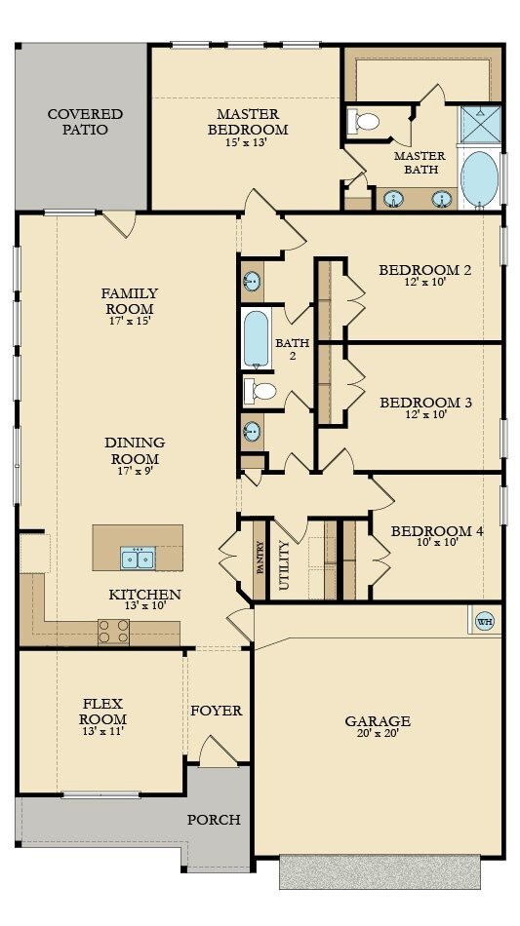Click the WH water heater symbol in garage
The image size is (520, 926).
coord(483,620)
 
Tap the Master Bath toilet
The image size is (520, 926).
coord(367,122)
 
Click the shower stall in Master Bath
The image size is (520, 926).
coord(478,123)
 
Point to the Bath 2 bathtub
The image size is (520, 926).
coord(256,338)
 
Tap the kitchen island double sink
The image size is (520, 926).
coord(138,558)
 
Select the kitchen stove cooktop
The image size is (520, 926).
coord(113,632)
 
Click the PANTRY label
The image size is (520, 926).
coord(260,559)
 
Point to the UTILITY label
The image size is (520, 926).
coord(285,565)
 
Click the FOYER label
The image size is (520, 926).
coord(216,711)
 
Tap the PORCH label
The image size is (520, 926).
coord(214,820)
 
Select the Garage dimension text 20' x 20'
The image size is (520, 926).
coord(377,734)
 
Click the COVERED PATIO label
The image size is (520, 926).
coord(78,122)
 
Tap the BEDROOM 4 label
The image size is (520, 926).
coord(437,531)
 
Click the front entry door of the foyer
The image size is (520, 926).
coord(213,752)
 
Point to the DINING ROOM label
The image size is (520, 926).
coord(135,450)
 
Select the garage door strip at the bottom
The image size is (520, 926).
coord(380,871)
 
